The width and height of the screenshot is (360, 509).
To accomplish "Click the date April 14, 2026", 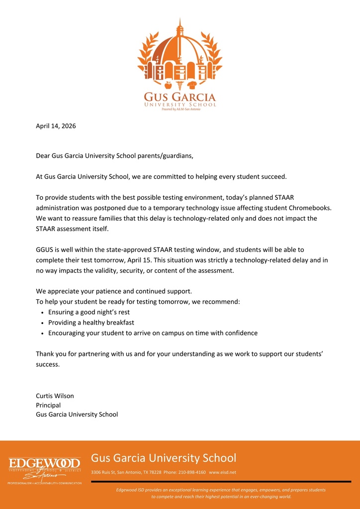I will (56, 126).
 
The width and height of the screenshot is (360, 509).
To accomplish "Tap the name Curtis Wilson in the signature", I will (55, 396).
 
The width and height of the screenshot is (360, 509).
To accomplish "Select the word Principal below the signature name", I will (48, 405).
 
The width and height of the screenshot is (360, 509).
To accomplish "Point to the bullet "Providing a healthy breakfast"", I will (91, 323).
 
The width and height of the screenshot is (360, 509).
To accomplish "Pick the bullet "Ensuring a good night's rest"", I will (89, 312).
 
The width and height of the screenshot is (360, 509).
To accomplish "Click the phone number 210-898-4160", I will (192, 472).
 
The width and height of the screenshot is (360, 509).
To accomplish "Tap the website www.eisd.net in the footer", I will (222, 472).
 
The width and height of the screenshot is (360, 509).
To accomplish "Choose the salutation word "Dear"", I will (44, 156).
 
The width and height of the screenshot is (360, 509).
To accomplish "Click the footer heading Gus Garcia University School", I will (164, 458).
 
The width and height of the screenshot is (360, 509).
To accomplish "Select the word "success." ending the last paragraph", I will (48, 364).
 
